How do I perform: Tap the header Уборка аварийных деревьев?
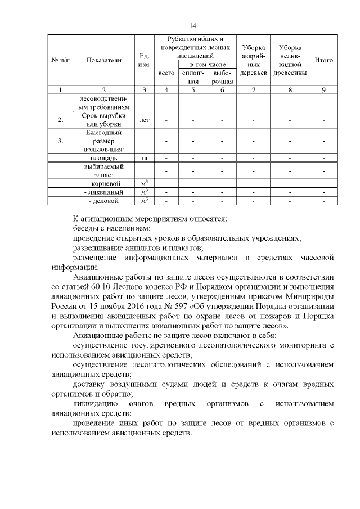click(253, 61)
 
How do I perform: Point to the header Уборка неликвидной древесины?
click(290, 61)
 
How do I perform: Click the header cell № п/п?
click(60, 61)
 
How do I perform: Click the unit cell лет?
click(144, 120)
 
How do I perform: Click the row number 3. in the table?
click(60, 141)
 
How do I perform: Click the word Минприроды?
click(311, 296)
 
